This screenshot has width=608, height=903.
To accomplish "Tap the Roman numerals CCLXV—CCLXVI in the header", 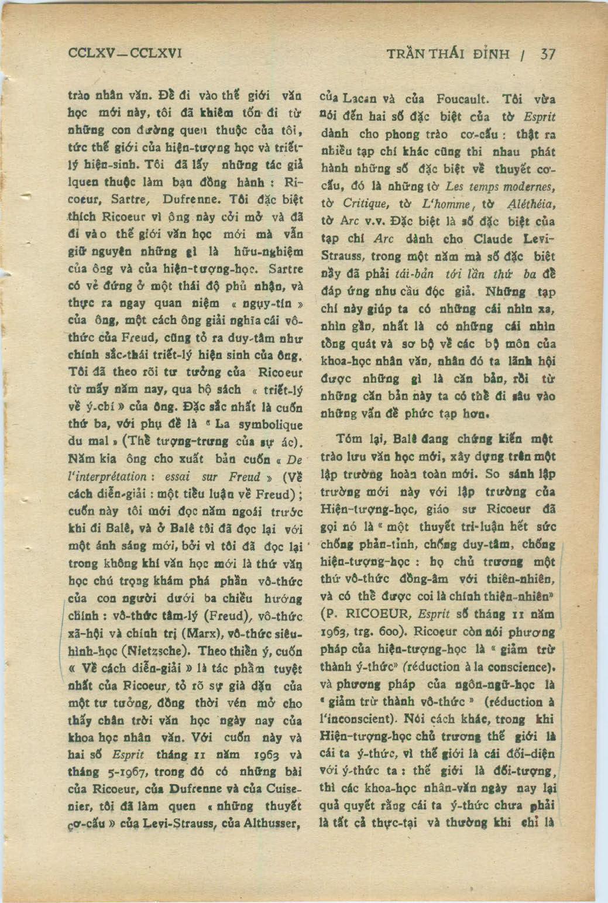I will click(125, 54).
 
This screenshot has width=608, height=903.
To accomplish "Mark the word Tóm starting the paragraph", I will click(349, 438).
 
